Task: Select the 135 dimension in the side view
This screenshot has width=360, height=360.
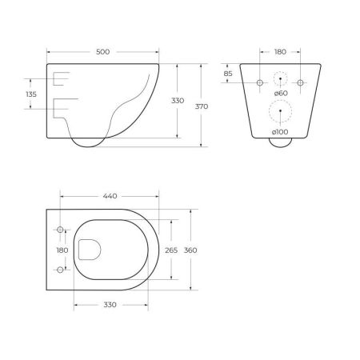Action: click(32, 94)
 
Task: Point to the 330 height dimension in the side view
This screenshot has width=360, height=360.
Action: click(178, 102)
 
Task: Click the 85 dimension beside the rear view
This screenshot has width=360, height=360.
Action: click(229, 74)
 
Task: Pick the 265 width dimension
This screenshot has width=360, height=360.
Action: click(170, 250)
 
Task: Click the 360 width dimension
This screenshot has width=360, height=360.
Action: click(190, 250)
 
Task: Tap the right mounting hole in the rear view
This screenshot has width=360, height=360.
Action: click(300, 83)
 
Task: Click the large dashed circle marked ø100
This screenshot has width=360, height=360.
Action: click(280, 112)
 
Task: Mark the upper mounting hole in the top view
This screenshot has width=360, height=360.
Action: click(60, 230)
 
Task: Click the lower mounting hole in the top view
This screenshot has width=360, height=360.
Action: click(60, 270)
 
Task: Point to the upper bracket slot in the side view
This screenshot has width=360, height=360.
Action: click(61, 78)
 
